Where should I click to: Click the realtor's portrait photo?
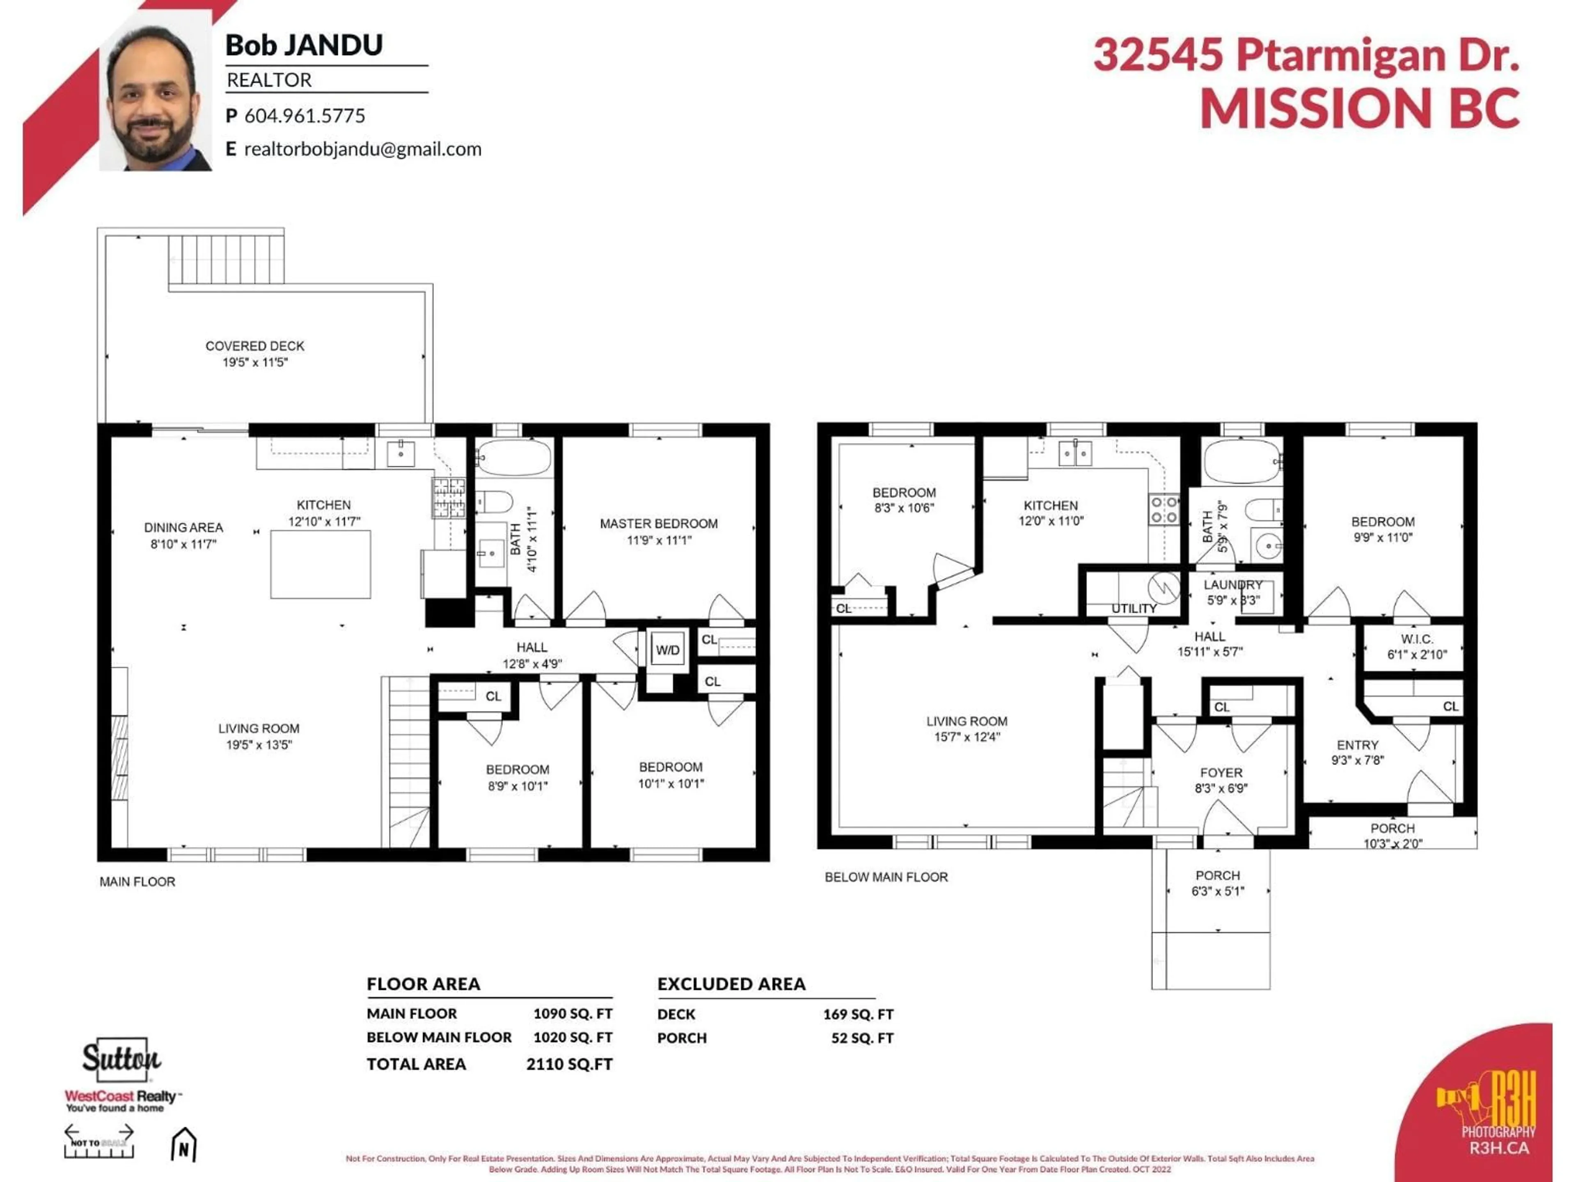click(155, 100)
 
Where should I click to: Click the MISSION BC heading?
click(1359, 108)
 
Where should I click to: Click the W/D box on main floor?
click(668, 650)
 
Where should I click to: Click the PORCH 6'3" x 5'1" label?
click(1218, 883)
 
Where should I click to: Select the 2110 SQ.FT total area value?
click(569, 1064)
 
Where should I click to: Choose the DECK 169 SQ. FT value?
click(858, 1014)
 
